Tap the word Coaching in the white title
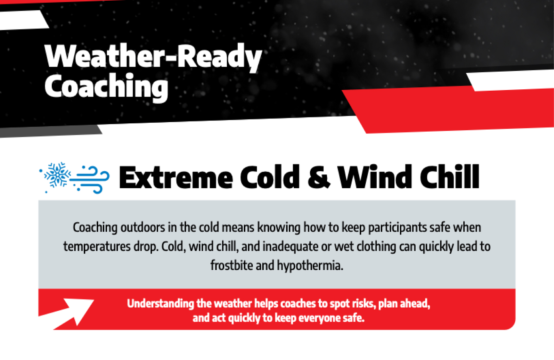pyautogui.click(x=106, y=87)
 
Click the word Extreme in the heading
pyautogui.click(x=176, y=178)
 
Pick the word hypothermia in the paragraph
pyautogui.click(x=310, y=266)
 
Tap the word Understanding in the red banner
pyautogui.click(x=161, y=304)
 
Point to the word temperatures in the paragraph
pyautogui.click(x=97, y=247)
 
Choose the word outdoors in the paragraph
pyautogui.click(x=143, y=227)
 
